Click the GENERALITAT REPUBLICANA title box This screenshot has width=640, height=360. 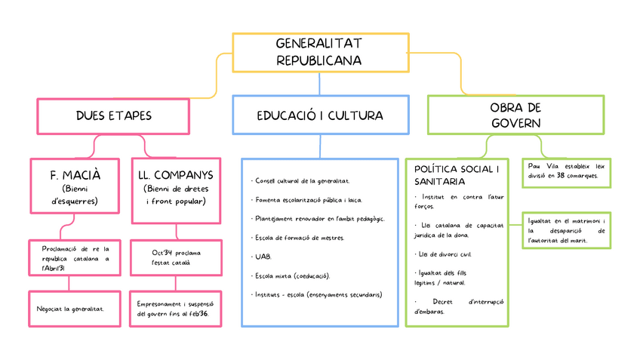(x=321, y=53)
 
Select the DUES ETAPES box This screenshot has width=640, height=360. (x=113, y=116)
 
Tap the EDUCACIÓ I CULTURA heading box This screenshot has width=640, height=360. (x=321, y=115)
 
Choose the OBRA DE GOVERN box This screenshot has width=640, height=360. (x=516, y=115)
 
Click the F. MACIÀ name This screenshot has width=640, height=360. (x=75, y=175)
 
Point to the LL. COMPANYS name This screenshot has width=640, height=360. (x=176, y=175)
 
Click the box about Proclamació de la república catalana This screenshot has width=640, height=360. (x=75, y=258)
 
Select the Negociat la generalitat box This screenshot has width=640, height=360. (x=75, y=309)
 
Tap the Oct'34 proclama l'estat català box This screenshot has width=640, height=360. (x=177, y=258)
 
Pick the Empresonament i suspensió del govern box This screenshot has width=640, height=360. (x=176, y=309)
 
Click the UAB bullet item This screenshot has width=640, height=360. (x=261, y=257)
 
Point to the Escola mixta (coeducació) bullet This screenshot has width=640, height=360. (x=291, y=276)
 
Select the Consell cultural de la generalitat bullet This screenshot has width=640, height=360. (x=300, y=181)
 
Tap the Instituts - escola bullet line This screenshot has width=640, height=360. (x=316, y=294)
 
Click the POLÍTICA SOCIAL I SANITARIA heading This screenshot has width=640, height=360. (x=457, y=175)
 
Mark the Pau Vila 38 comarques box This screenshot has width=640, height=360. (x=567, y=173)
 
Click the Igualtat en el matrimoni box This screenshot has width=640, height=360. (x=567, y=231)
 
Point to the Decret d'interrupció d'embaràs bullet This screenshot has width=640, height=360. (x=459, y=306)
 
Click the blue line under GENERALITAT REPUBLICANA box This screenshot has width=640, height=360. (x=319, y=84)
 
